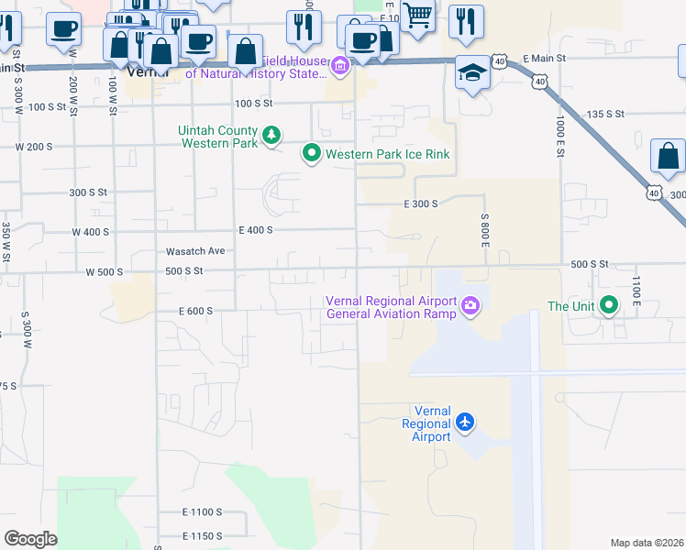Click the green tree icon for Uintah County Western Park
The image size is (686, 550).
271,137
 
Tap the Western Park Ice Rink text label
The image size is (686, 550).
388,154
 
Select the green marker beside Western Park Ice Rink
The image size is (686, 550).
312,153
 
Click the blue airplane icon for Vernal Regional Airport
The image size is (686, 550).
466,423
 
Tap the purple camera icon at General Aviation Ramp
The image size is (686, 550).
470,305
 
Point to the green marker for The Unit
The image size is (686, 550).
608,305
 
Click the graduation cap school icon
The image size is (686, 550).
472,71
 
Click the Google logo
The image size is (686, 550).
30,539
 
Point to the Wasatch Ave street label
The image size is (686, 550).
195,250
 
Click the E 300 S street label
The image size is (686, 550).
421,203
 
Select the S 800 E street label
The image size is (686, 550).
484,230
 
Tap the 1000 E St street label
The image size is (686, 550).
559,136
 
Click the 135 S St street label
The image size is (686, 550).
604,114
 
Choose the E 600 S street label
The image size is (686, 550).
196,311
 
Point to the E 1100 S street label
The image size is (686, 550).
203,511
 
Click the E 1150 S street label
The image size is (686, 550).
203,535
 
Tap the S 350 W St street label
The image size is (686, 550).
6,244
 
